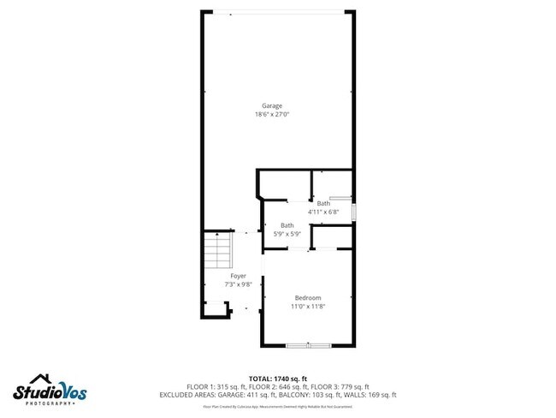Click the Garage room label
click(x=272, y=105)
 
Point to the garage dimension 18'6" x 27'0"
click(x=272, y=115)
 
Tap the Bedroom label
click(x=307, y=297)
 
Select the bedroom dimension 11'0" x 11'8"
click(x=307, y=306)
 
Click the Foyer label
click(x=238, y=276)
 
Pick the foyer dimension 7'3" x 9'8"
click(x=238, y=284)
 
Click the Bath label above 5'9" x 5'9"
click(x=287, y=225)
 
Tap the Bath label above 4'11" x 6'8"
click(x=323, y=203)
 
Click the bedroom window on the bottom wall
click(x=308, y=345)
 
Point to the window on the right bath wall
click(x=354, y=211)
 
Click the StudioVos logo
click(x=50, y=391)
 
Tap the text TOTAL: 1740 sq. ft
click(x=278, y=378)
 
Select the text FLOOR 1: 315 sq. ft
click(x=212, y=386)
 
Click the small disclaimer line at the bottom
click(x=278, y=407)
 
